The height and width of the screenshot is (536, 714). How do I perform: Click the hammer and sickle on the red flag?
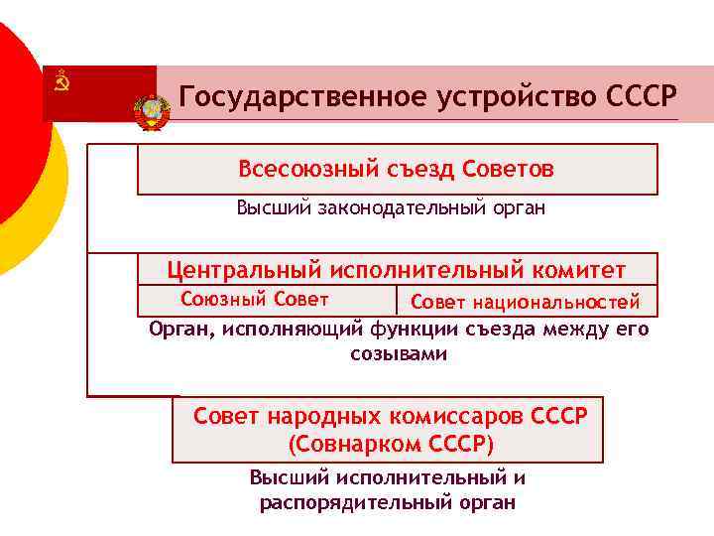61,81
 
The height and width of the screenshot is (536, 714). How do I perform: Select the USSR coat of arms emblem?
152,111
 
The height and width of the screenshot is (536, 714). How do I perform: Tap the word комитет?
582,269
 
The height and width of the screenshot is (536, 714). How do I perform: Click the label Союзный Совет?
254,299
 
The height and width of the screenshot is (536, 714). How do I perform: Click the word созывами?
398,353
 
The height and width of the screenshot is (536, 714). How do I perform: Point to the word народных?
313,415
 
